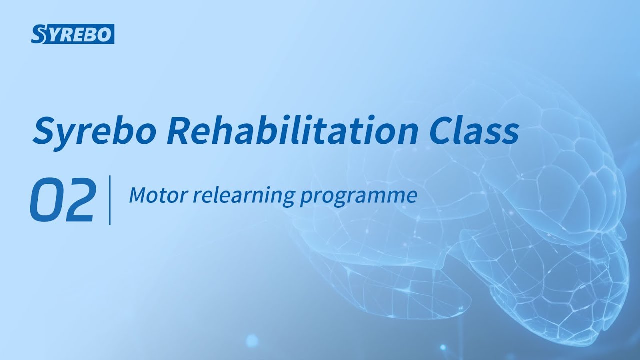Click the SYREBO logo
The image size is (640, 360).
pos(73,34)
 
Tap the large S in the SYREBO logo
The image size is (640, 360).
pos(38,34)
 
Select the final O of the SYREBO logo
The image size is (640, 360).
pos(106,34)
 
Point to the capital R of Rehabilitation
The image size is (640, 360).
pos(180,131)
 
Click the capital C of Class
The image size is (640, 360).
pos(441,131)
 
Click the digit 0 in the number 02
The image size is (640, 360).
pos(46,200)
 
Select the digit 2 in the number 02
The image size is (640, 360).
pos(78,200)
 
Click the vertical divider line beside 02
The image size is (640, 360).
pos(109,200)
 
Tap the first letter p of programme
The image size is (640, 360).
pos(305,198)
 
